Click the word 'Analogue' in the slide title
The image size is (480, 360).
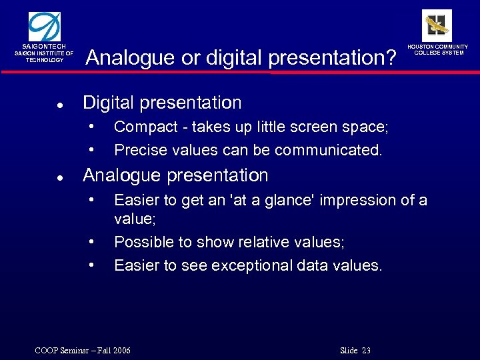(131, 58)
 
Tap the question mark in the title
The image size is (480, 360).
(390, 58)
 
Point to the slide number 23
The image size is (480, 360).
(366, 351)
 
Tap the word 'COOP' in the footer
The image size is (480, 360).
(47, 351)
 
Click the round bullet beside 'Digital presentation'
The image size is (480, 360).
(60, 105)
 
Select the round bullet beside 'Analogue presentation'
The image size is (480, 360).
(60, 177)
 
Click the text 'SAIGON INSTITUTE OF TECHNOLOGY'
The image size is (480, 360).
(44, 57)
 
